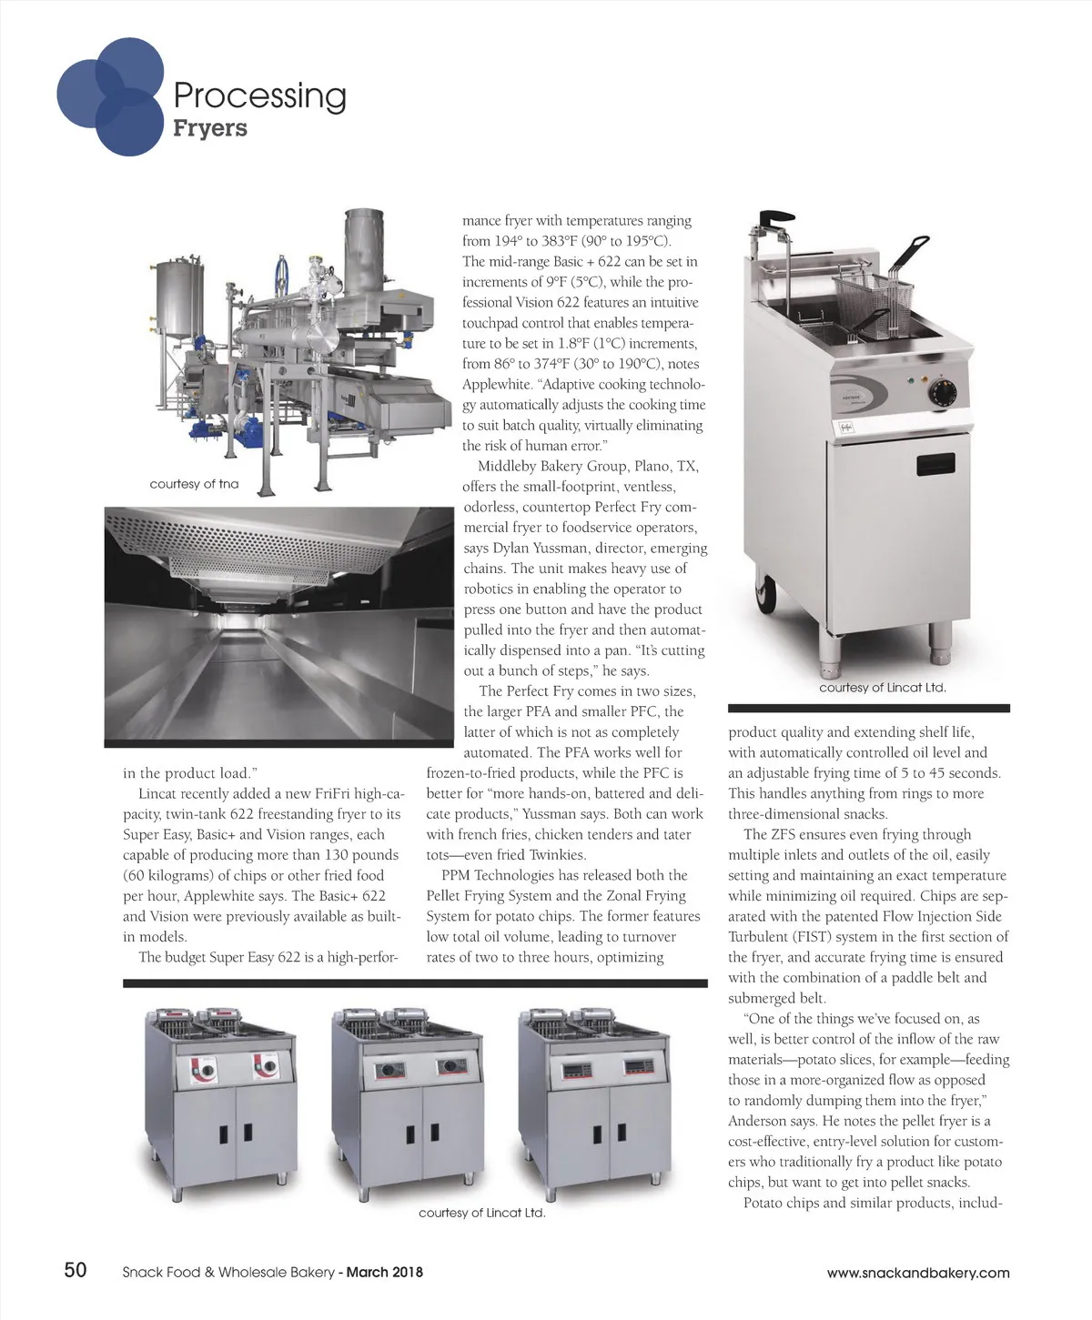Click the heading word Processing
259,96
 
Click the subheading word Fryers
210,128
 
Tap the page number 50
75,1270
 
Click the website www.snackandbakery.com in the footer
918,1273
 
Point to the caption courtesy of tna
194,484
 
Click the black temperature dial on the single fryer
941,392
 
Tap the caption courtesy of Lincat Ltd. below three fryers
481,1213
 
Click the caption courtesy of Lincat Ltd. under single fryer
883,688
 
